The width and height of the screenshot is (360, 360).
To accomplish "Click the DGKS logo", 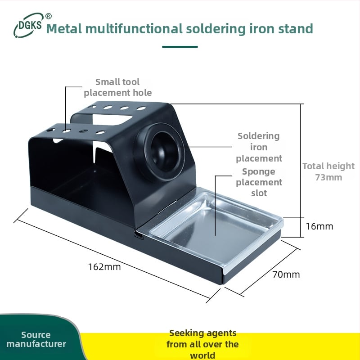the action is [28, 25].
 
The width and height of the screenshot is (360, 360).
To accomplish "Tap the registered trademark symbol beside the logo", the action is [49, 16].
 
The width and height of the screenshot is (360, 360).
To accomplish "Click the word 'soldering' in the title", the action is [216, 29].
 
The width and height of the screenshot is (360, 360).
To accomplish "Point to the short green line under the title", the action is [180, 47].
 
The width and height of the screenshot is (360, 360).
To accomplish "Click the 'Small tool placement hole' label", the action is [117, 87].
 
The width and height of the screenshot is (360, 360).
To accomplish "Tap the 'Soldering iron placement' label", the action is [259, 147].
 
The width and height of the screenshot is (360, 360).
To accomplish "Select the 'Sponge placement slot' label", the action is [259, 182].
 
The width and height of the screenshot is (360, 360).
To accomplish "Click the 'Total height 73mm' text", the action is [328, 171].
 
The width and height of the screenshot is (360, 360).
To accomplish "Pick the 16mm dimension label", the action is [319, 226].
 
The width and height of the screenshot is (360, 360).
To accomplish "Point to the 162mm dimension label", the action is [104, 267].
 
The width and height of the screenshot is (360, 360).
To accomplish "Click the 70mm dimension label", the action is [286, 274].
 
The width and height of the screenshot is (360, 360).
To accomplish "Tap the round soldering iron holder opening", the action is [163, 152].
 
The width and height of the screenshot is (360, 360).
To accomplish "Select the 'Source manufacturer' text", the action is [36, 339].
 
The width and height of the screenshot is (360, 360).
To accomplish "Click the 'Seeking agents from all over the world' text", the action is [202, 344].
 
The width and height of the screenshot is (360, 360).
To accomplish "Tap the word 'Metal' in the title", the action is [64, 29].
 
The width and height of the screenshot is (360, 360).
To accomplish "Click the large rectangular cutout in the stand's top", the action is [112, 120].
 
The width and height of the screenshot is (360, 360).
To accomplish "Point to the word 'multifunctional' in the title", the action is [134, 29].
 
